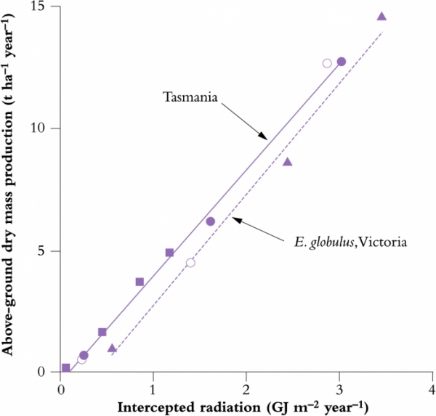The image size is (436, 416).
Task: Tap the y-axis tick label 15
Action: (46, 7)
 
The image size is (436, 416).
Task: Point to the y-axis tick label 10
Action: (46, 129)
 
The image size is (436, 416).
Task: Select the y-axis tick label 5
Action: (49, 250)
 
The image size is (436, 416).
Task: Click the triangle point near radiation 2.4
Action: (287, 161)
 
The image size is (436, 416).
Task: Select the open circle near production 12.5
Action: (327, 63)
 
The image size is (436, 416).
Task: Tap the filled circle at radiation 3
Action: (342, 61)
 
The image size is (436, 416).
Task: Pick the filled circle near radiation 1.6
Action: (210, 221)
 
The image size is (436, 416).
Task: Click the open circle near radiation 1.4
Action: (190, 262)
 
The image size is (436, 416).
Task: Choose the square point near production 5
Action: (169, 253)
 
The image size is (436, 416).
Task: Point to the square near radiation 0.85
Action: (140, 282)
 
